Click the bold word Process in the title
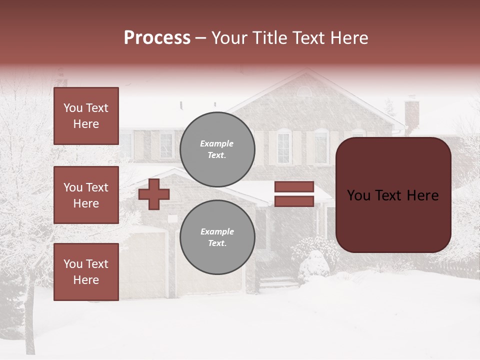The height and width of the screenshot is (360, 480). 157,38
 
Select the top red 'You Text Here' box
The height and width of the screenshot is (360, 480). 86,116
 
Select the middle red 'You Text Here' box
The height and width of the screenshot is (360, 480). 86,195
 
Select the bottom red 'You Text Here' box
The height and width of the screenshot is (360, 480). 86,271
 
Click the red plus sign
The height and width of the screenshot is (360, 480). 153,194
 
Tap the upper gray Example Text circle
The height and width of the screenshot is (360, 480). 217,149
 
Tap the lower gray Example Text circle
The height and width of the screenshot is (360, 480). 217,237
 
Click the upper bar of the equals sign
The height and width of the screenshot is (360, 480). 294,186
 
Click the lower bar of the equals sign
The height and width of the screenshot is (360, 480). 294,201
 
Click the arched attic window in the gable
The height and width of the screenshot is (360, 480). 304,91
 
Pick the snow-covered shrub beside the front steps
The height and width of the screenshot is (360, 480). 314,266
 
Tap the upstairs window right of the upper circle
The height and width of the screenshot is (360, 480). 283,147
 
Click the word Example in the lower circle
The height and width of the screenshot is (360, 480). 217,231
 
